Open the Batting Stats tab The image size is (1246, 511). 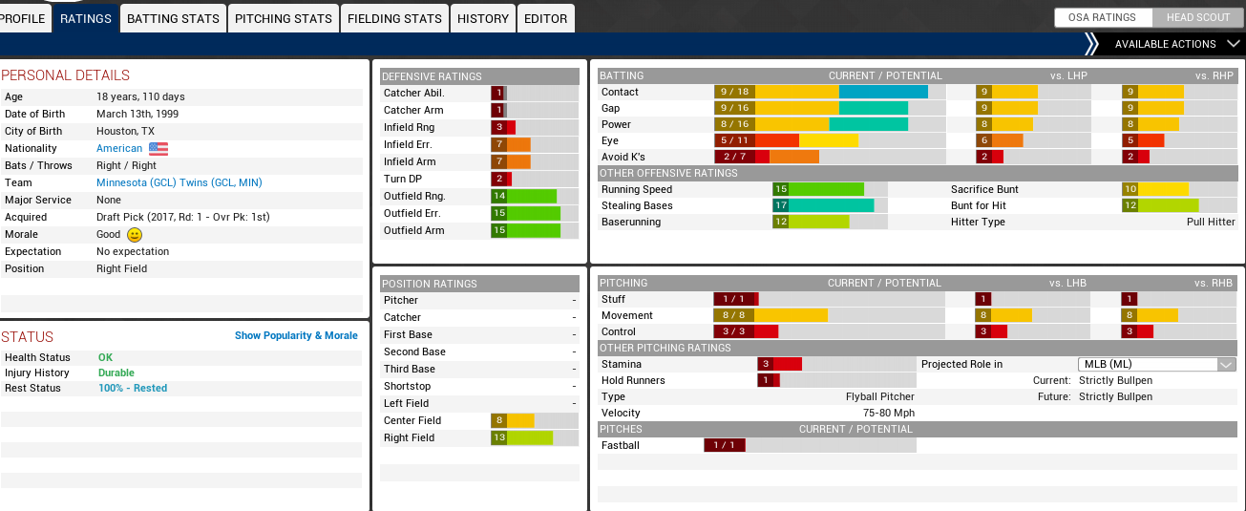coord(173,18)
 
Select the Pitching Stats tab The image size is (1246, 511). coord(284,18)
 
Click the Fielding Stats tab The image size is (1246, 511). coord(394,18)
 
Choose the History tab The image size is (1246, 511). coord(482,18)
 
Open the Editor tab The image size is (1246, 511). coord(545,18)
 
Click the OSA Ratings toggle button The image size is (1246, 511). coord(1102,17)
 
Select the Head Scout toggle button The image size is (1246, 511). coord(1197,17)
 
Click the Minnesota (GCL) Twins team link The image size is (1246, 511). coord(179,182)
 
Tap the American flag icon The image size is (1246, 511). coord(158,148)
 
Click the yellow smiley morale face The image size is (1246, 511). coord(135,234)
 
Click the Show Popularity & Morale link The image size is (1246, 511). coord(296,335)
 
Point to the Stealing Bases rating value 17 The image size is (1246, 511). coord(781,205)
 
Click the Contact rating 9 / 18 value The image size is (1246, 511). coord(735,92)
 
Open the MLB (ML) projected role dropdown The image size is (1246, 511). coord(1156,364)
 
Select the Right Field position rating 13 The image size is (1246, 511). coord(498,437)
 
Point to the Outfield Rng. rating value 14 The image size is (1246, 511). coord(498,196)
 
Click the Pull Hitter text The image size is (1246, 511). coord(1211,222)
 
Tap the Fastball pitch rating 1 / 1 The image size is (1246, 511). coord(724,445)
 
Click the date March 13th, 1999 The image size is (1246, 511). coord(137,114)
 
